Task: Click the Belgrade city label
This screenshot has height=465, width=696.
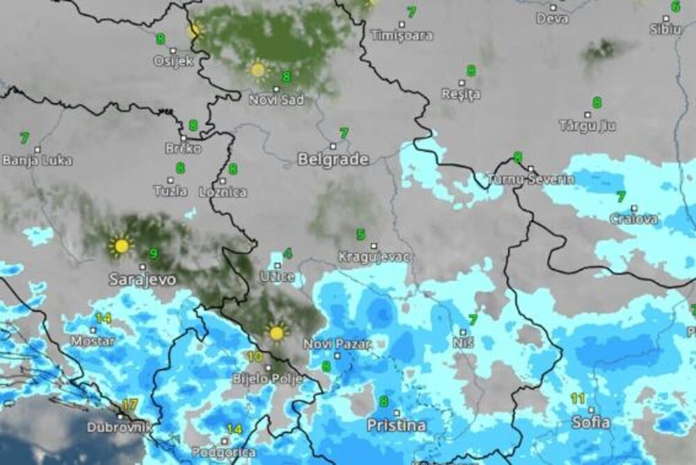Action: click(333, 159)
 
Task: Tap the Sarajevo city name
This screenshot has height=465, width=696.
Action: click(142, 280)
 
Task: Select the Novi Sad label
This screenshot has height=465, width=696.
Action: click(276, 100)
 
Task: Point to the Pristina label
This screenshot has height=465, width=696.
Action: click(397, 425)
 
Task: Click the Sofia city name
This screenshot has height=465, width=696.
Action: click(591, 423)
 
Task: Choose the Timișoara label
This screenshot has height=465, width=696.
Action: click(402, 36)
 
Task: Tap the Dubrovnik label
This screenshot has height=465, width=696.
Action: click(119, 427)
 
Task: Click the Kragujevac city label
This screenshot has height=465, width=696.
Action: click(374, 258)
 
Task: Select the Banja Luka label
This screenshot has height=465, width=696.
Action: click(37, 161)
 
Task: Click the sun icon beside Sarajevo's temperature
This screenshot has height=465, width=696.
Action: click(121, 246)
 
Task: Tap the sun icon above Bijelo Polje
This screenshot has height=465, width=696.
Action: click(276, 333)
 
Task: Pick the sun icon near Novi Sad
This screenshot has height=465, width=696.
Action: click(258, 70)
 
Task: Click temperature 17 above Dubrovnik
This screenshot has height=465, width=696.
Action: click(129, 404)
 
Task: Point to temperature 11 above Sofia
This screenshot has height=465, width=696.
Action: click(578, 399)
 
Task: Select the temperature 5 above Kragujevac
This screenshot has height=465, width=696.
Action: click(361, 235)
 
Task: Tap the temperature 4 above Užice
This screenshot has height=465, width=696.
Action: click(287, 253)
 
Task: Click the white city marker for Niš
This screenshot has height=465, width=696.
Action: click(463, 333)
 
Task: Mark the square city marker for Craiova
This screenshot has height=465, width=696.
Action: click(634, 208)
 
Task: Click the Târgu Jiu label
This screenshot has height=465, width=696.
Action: click(587, 126)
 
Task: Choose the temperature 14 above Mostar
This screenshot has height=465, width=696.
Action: click(103, 319)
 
